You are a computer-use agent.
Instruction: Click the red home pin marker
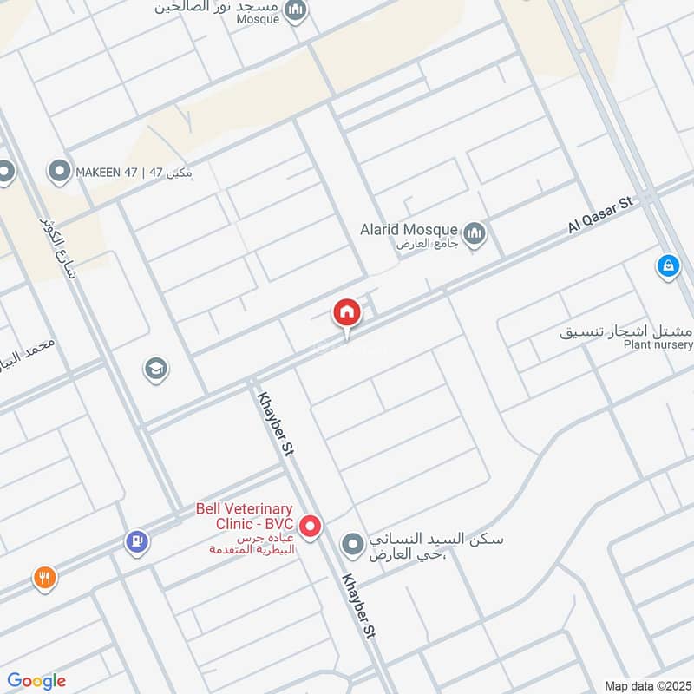346,313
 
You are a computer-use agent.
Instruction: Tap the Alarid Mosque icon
474,233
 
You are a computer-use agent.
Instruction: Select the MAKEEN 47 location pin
60,172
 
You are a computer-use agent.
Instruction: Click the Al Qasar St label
602,213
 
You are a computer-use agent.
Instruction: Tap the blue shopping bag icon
667,266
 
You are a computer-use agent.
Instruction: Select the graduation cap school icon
155,370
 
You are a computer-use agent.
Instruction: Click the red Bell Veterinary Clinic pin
311,526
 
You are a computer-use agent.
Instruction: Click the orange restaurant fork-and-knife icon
44,577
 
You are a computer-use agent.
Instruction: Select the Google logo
36,681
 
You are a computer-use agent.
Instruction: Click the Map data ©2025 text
645,685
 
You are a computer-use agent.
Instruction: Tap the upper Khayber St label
273,422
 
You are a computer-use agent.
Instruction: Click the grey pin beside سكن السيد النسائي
352,546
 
